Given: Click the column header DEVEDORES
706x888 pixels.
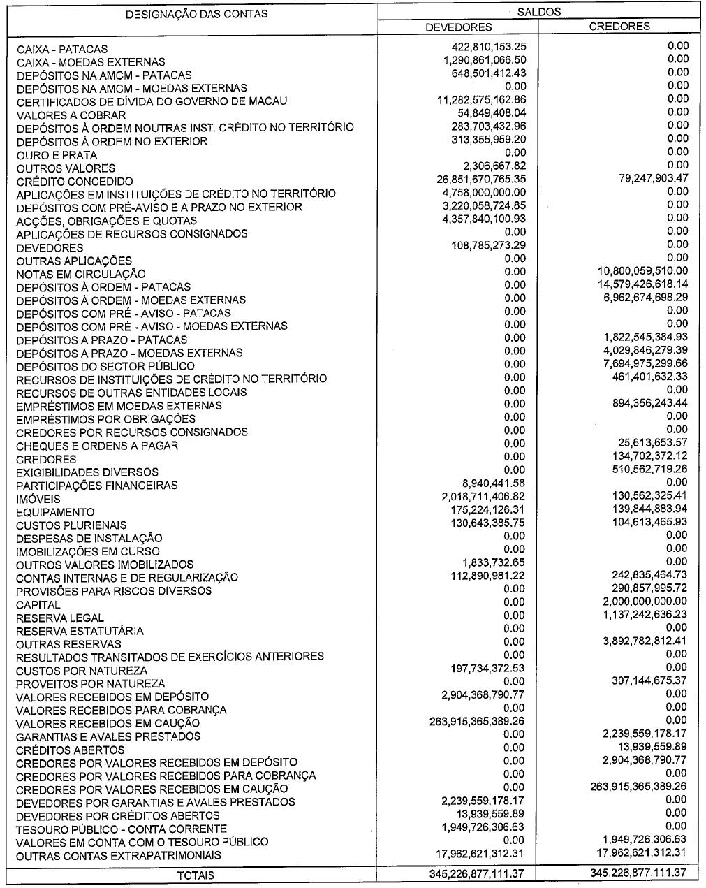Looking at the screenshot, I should (459, 27).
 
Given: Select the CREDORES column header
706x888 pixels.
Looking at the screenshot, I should (619, 27).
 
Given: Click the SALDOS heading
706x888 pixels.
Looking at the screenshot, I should (540, 12).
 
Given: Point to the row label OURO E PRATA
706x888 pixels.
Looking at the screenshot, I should (57, 155).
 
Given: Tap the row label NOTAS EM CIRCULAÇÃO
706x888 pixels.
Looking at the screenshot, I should (81, 274).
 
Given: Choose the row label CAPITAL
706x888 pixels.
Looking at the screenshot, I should (38, 604).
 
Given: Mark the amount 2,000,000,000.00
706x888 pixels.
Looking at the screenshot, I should (644, 602).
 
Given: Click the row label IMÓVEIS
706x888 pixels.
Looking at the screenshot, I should (38, 499).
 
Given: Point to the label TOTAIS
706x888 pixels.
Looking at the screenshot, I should (196, 875).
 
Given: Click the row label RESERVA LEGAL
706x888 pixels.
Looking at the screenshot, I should (59, 618).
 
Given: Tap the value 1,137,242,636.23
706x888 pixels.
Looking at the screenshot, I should (644, 615).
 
